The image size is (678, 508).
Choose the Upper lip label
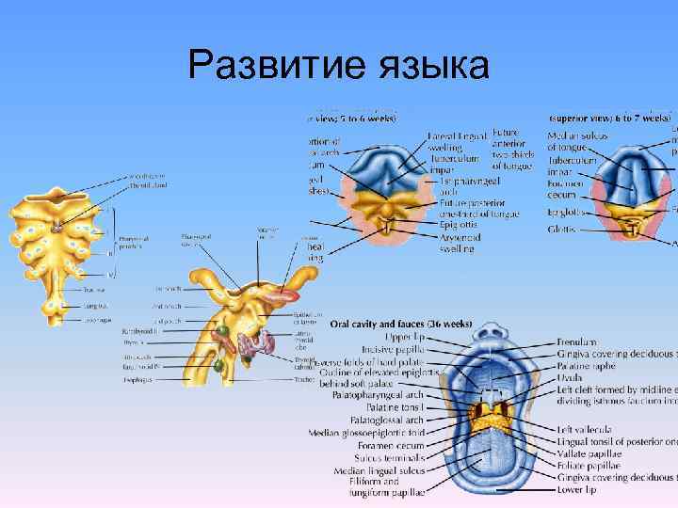pos(406,335)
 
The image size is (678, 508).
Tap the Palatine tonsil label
pos(396,408)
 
